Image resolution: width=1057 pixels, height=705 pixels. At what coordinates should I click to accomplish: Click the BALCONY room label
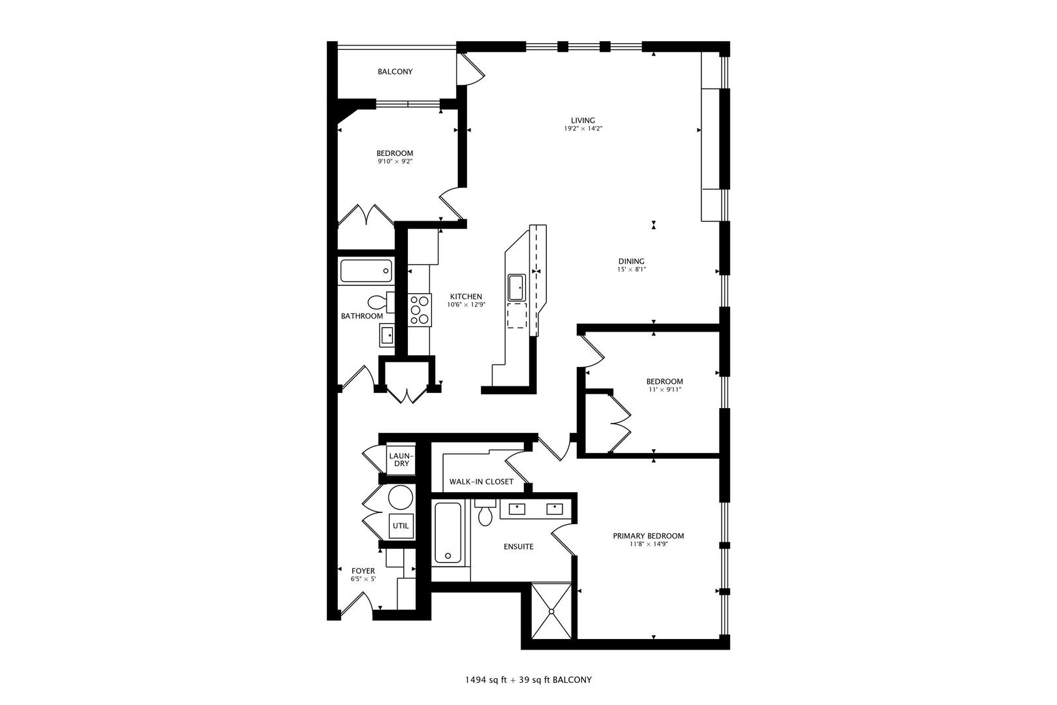pyautogui.click(x=395, y=72)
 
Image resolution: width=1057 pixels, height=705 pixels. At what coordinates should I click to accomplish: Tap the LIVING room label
pyautogui.click(x=583, y=120)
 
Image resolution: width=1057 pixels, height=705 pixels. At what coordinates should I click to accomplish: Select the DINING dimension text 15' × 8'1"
pyautogui.click(x=632, y=270)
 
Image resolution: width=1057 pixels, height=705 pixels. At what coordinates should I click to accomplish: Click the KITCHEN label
pyautogui.click(x=466, y=296)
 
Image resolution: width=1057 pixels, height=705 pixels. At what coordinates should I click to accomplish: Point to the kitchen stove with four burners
pyautogui.click(x=420, y=309)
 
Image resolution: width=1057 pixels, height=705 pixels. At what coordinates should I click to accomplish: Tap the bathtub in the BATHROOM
pyautogui.click(x=366, y=271)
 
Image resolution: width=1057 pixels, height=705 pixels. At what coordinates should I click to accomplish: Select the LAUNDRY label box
pyautogui.click(x=401, y=460)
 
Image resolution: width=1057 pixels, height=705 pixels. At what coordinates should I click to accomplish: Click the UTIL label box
pyautogui.click(x=401, y=525)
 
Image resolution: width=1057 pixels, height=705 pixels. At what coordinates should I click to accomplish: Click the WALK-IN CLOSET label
pyautogui.click(x=481, y=482)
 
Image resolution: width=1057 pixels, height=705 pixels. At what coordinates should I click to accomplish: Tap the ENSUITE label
pyautogui.click(x=519, y=546)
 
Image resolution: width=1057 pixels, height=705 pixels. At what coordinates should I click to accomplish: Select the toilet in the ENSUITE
pyautogui.click(x=485, y=514)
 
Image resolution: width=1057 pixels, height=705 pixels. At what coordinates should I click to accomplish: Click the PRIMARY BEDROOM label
pyautogui.click(x=648, y=536)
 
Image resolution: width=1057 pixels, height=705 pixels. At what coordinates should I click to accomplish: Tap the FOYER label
pyautogui.click(x=363, y=571)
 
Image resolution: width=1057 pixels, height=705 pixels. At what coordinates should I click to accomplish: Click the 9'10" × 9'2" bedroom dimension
pyautogui.click(x=394, y=161)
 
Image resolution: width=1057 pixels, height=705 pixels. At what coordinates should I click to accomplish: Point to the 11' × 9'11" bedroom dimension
pyautogui.click(x=664, y=390)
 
